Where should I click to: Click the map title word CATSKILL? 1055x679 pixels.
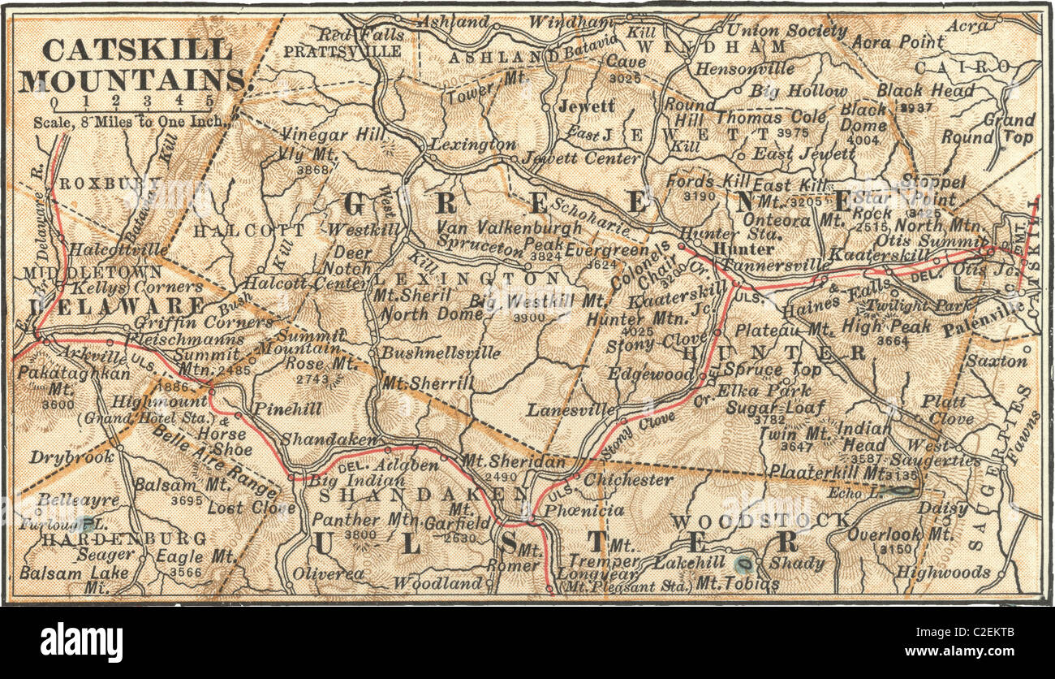tap(136, 50)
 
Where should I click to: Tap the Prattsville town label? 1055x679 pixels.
tap(342, 51)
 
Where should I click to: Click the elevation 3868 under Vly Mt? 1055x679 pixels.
tap(313, 169)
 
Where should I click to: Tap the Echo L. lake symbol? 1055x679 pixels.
tap(900, 491)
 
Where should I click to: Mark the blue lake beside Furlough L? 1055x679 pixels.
tap(84, 525)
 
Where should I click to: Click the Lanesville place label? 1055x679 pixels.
tap(571, 410)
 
